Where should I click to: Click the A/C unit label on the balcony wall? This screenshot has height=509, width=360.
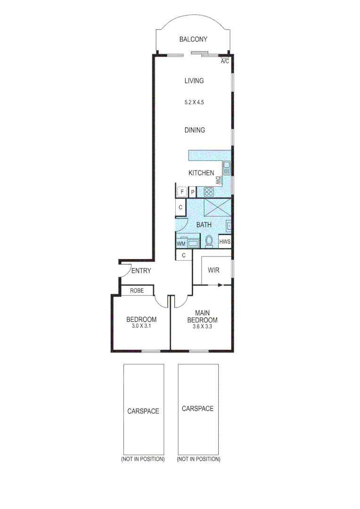tap(225, 61)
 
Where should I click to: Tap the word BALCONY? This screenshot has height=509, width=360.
tap(193, 40)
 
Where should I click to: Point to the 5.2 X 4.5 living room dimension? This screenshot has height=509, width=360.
tap(194, 101)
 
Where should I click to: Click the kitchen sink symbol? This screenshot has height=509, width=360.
tap(227, 166)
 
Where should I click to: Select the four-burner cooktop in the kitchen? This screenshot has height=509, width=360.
tap(208, 192)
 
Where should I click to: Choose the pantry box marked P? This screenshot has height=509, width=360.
tap(193, 192)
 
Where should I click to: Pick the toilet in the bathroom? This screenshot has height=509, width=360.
tap(210, 241)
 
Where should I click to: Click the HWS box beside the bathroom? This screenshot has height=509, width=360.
tap(225, 242)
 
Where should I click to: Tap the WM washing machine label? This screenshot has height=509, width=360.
tap(180, 244)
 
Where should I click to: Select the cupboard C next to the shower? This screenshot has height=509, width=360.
tap(180, 207)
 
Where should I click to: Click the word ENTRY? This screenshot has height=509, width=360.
tap(141, 271)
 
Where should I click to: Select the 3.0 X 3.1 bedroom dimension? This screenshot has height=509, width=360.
tap(141, 326)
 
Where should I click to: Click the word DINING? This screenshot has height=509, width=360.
tap(195, 130)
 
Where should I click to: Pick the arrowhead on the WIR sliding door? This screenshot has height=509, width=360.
tap(220, 285)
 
